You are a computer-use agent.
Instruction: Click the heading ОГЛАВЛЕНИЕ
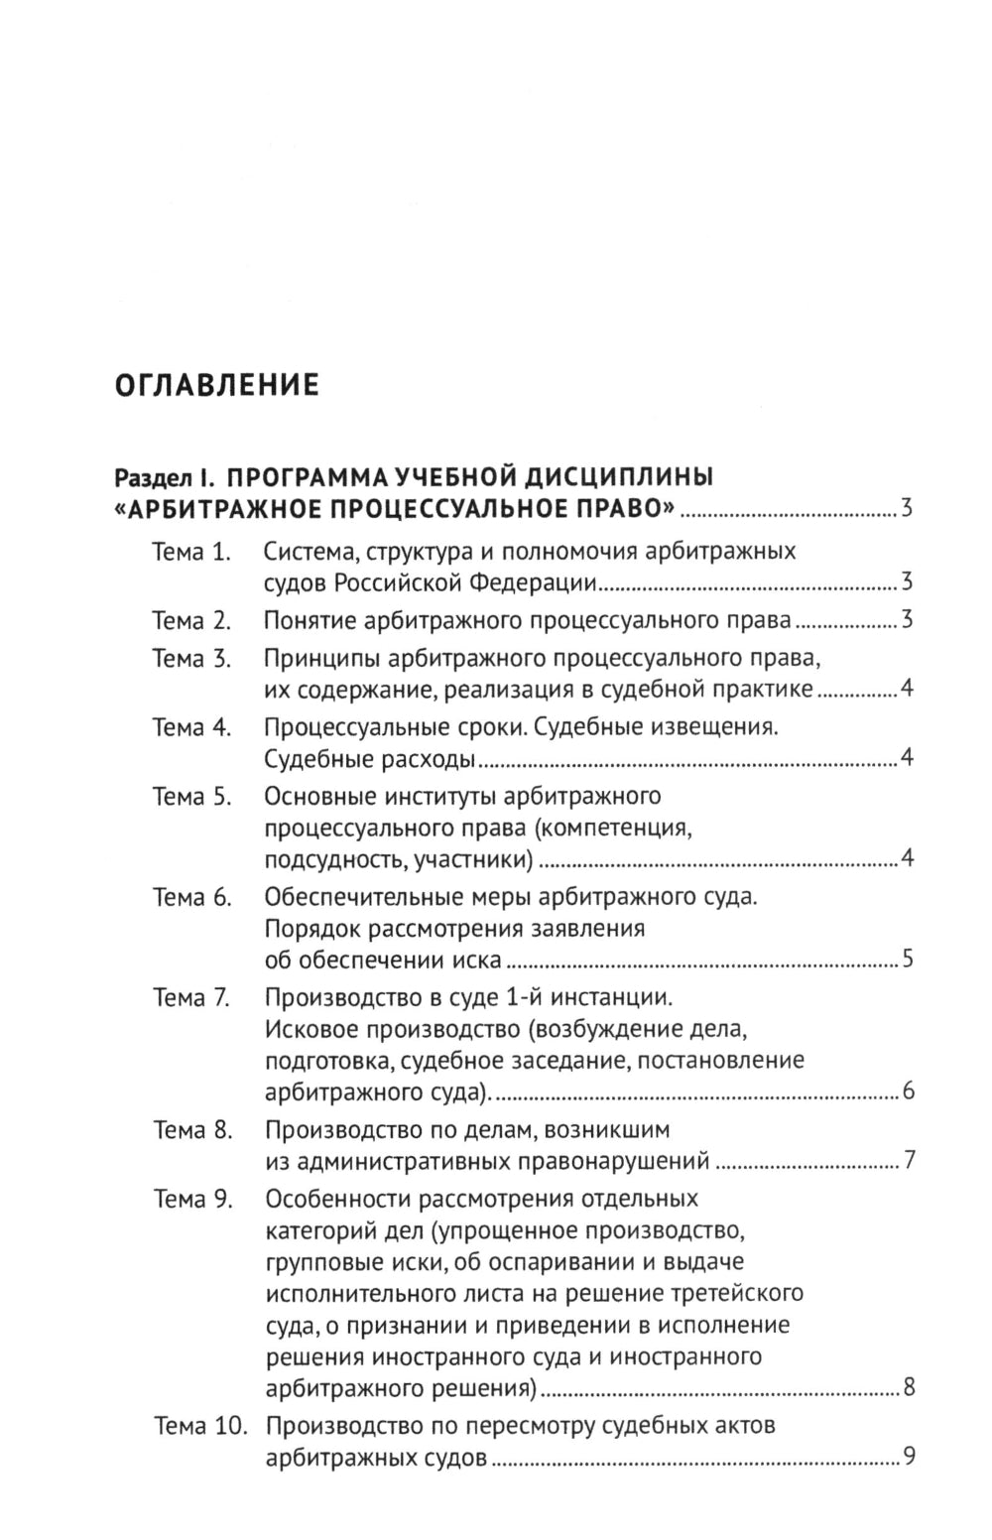point(217,384)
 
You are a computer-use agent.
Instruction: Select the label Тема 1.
point(191,552)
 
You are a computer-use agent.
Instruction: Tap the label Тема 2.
point(191,621)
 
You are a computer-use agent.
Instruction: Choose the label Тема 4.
point(191,727)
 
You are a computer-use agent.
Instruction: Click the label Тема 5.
point(191,797)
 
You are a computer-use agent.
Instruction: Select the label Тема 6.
point(191,897)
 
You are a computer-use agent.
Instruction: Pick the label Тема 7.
point(191,997)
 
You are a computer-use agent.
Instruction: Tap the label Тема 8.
point(191,1129)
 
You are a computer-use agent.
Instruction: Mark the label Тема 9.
point(191,1199)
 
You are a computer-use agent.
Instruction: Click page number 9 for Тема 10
point(907,1458)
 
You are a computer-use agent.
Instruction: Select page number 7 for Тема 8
point(908,1161)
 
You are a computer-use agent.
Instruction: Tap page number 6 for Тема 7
point(908,1092)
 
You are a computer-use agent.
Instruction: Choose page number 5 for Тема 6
point(908,960)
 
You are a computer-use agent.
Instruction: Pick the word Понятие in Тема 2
point(311,621)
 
